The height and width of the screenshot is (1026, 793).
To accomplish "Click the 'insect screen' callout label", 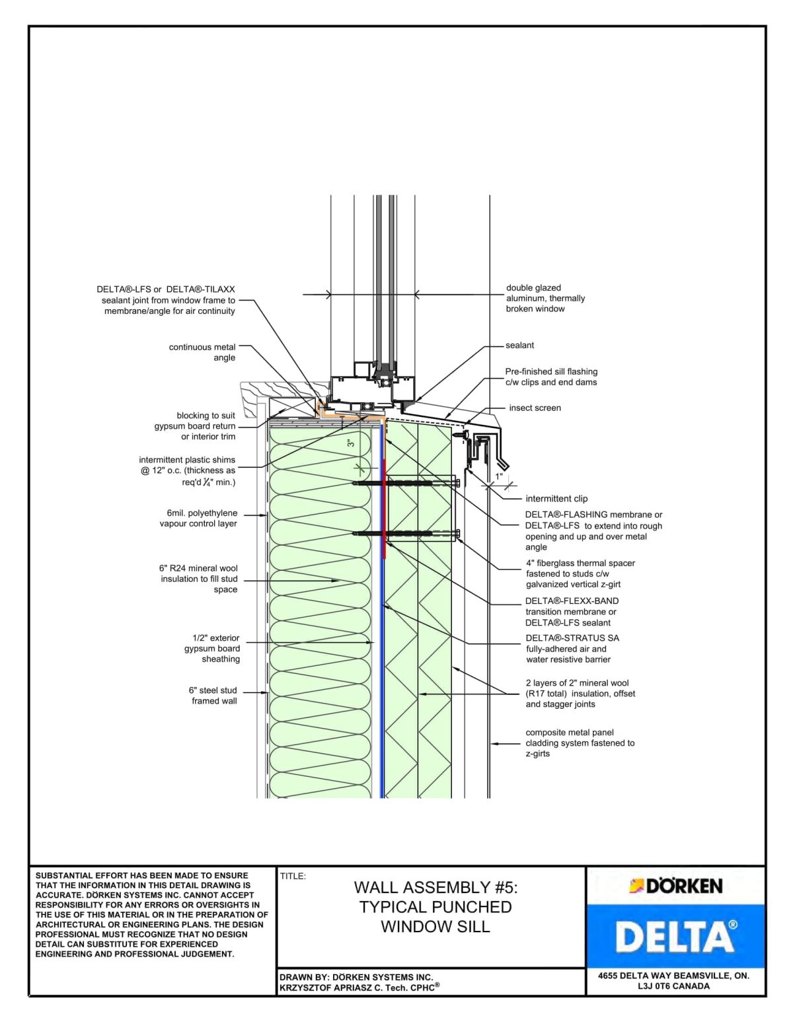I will click(x=534, y=408).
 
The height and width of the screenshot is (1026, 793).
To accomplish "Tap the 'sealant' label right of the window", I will click(x=519, y=346).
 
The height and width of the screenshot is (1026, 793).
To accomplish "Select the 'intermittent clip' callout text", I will click(x=556, y=499).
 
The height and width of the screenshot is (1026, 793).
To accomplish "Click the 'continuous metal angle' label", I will click(x=202, y=352).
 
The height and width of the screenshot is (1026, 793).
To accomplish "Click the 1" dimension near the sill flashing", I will click(x=499, y=476).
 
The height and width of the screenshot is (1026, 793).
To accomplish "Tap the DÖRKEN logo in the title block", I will click(x=675, y=886).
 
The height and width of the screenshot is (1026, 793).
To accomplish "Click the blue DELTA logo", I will click(x=675, y=936).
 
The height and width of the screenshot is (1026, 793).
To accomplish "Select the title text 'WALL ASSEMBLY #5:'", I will click(x=435, y=887).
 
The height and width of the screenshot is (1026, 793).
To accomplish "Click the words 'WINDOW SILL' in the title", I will click(x=435, y=927).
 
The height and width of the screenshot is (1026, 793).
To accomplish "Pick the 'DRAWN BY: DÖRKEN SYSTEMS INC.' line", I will click(x=356, y=977).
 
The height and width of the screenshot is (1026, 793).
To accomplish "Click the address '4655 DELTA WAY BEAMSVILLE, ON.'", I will click(x=673, y=976).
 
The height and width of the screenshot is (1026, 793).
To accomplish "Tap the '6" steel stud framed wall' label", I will click(x=213, y=696).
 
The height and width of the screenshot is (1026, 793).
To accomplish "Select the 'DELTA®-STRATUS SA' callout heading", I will click(x=572, y=638).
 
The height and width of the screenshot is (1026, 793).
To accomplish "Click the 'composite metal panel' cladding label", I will click(x=570, y=733).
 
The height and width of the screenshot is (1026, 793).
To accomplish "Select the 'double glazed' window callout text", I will click(x=533, y=288).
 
